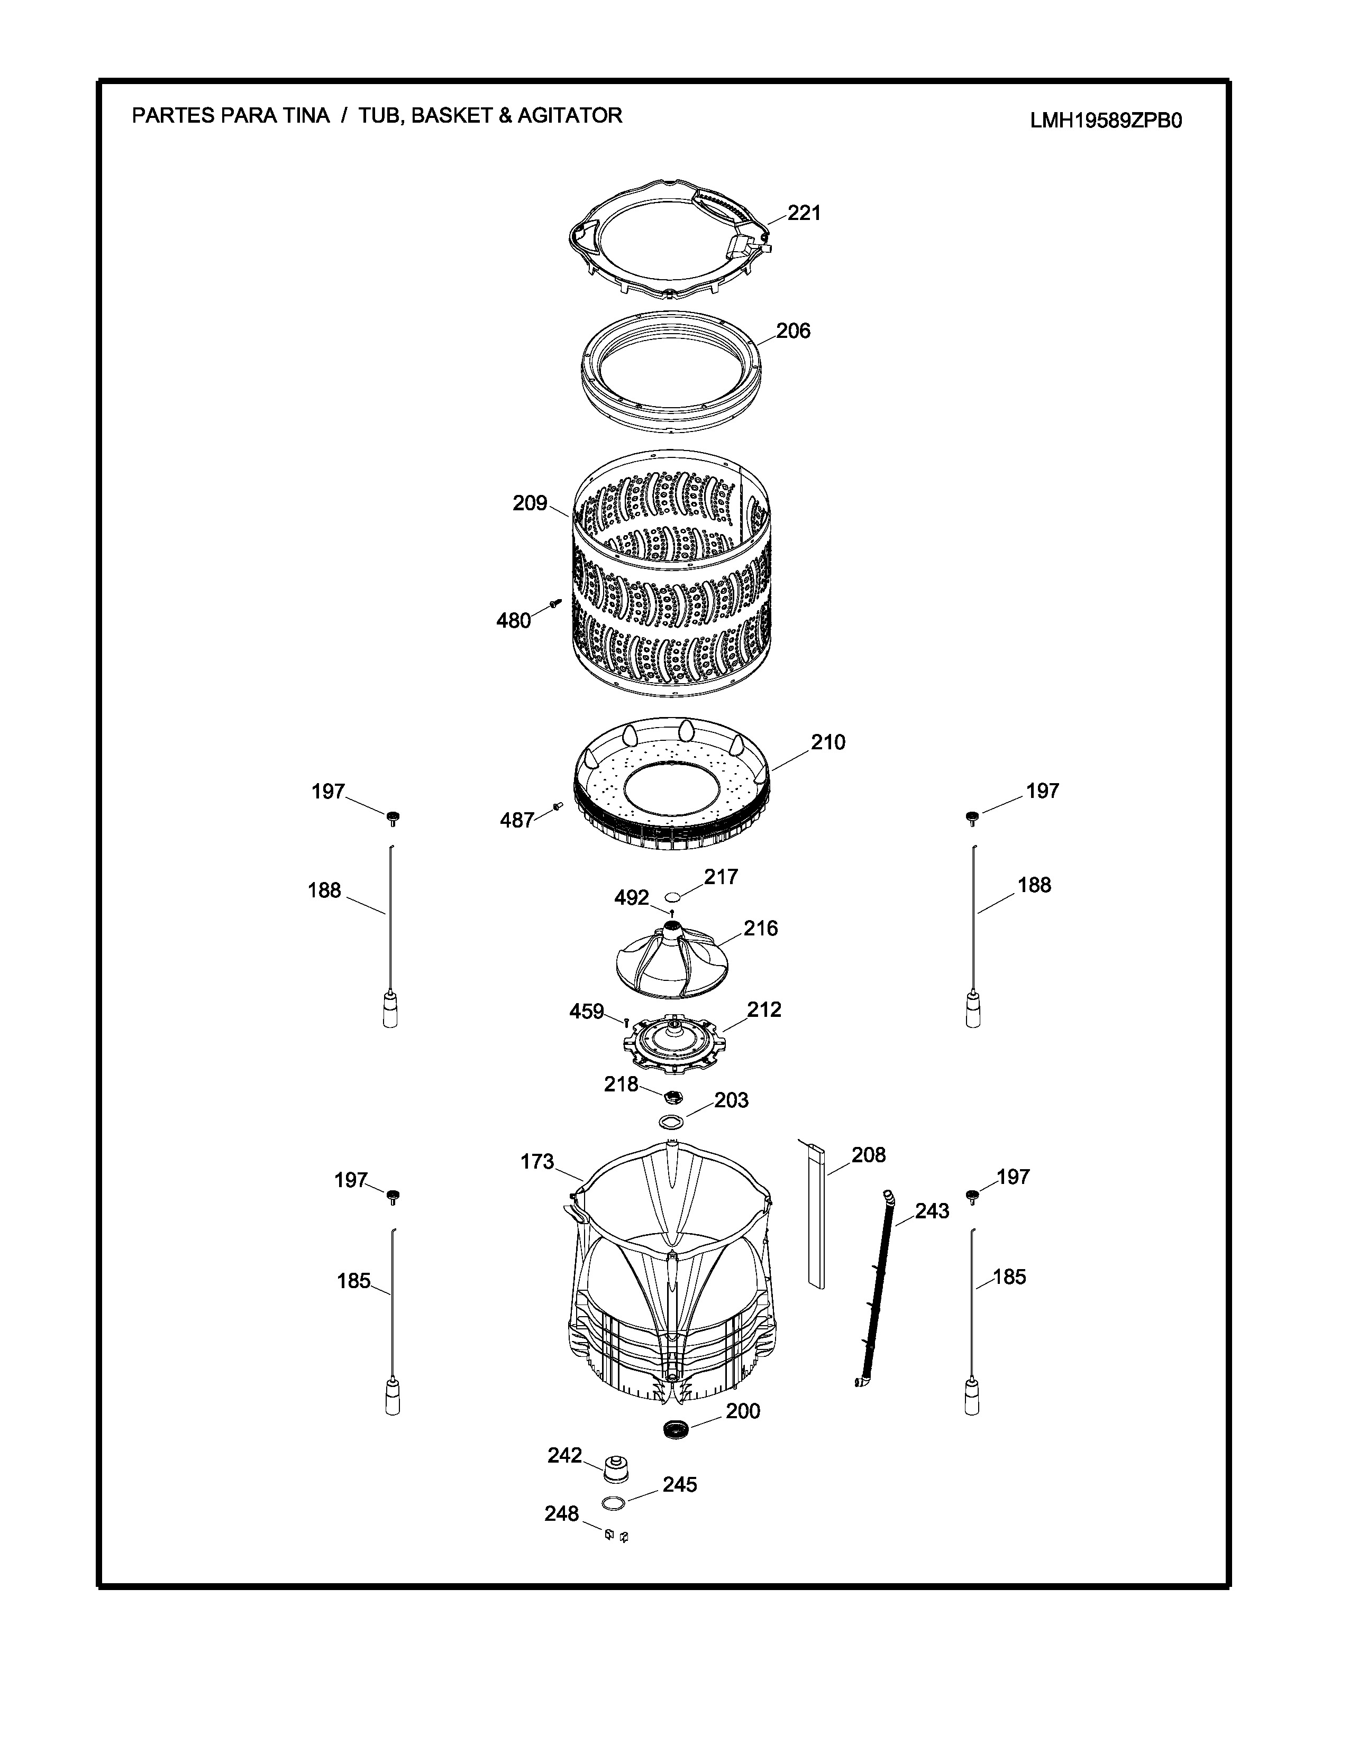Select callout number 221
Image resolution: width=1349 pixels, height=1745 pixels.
click(x=804, y=213)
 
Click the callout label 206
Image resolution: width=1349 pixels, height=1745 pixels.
click(x=793, y=331)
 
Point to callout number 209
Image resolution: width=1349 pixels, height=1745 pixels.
click(x=530, y=503)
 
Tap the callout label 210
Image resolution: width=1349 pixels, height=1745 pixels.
click(x=828, y=742)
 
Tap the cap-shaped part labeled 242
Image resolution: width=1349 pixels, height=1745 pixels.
click(x=615, y=1468)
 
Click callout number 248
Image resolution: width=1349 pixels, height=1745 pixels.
click(x=562, y=1514)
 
